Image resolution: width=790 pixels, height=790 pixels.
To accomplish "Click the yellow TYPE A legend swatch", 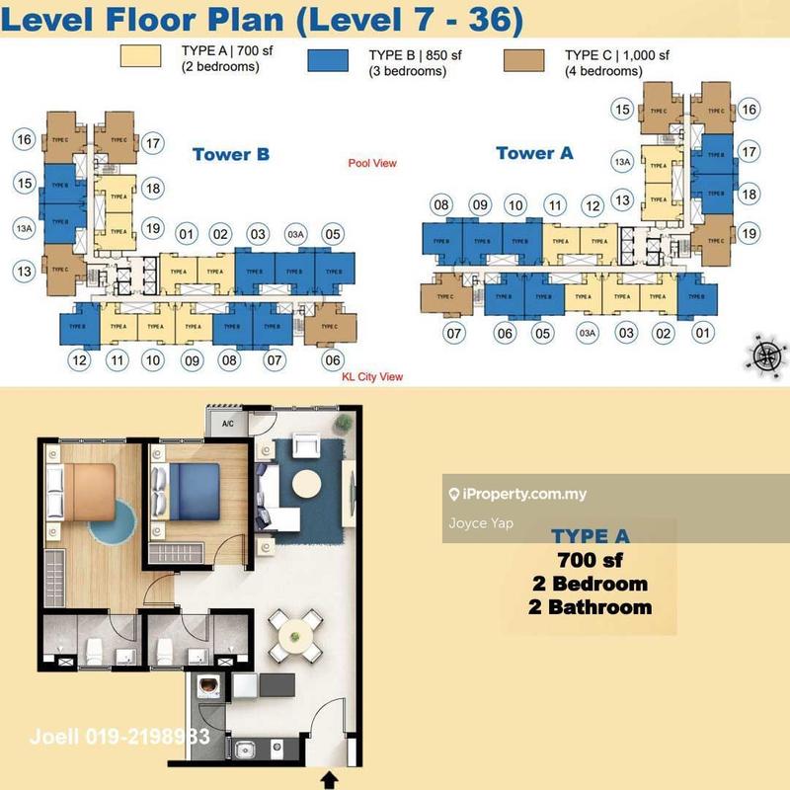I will pos(145,56).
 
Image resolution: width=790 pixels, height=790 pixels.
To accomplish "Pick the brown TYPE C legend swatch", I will pos(531,56).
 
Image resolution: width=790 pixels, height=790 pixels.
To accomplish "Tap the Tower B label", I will pos(231,154).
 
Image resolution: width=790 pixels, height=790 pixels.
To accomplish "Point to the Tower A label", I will pos(534,153).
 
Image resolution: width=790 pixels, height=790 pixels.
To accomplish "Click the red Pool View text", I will pos(372,163).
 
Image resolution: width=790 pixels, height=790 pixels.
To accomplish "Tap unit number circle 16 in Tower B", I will pos(26,140).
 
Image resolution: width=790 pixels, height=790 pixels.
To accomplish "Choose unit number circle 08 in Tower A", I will pos(440,205).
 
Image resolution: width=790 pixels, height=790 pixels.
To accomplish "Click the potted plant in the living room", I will pos(342,422).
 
